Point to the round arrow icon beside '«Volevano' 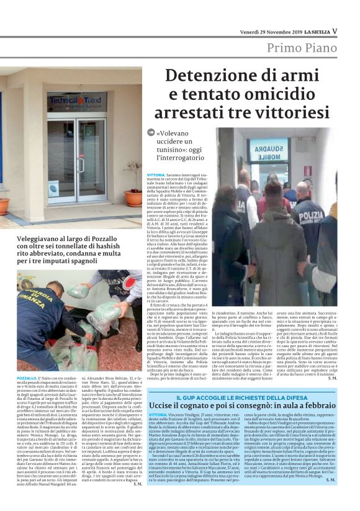pyautogui.click(x=150, y=133)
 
